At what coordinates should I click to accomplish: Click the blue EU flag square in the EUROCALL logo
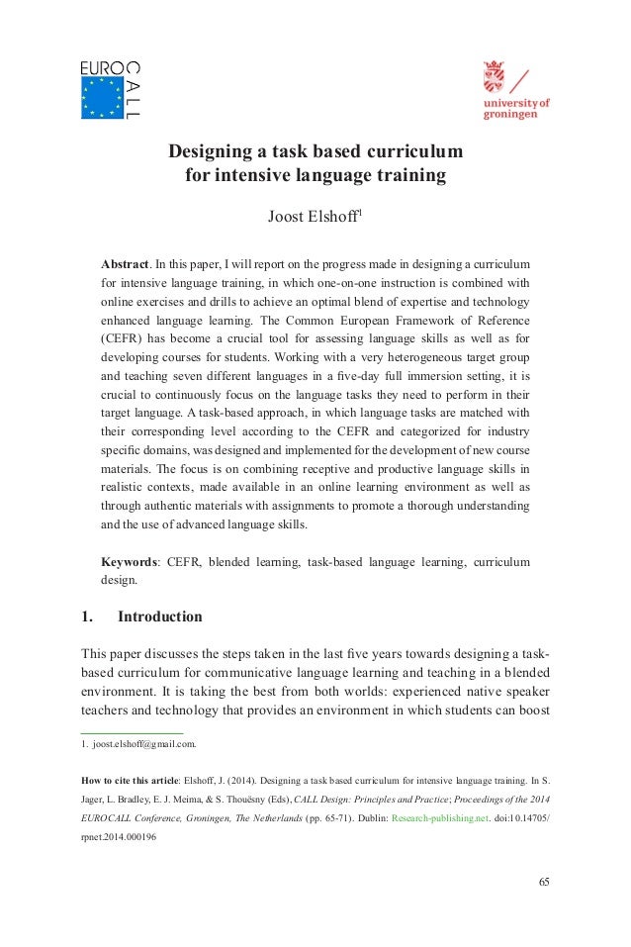point(102,98)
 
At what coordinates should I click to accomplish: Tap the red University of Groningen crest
point(494,77)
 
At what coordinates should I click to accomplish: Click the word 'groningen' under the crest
point(510,114)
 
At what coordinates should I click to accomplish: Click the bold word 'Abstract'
point(126,266)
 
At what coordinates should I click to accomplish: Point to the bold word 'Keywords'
point(132,562)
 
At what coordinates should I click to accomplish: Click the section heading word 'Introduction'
point(160,616)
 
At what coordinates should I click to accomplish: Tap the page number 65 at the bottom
point(543,882)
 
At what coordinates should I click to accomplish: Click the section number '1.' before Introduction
point(86,616)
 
